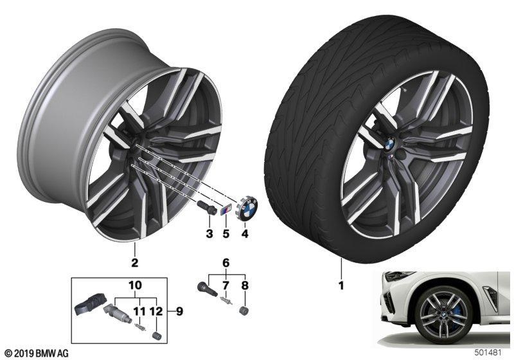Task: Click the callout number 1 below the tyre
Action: click(341, 285)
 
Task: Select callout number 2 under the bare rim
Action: click(134, 263)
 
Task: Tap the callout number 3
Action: click(209, 234)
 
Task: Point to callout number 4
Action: click(245, 234)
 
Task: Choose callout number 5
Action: click(226, 234)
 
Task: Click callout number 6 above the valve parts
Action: click(226, 263)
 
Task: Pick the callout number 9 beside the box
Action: click(179, 311)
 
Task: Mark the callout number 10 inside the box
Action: click(136, 285)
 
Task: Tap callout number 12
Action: click(157, 311)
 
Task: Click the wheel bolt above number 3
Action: click(206, 207)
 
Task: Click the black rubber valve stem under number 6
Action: click(206, 288)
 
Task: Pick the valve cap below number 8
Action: click(244, 310)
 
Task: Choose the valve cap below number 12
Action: click(155, 336)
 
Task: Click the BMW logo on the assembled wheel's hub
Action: click(389, 143)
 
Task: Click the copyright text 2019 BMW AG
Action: click(35, 354)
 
